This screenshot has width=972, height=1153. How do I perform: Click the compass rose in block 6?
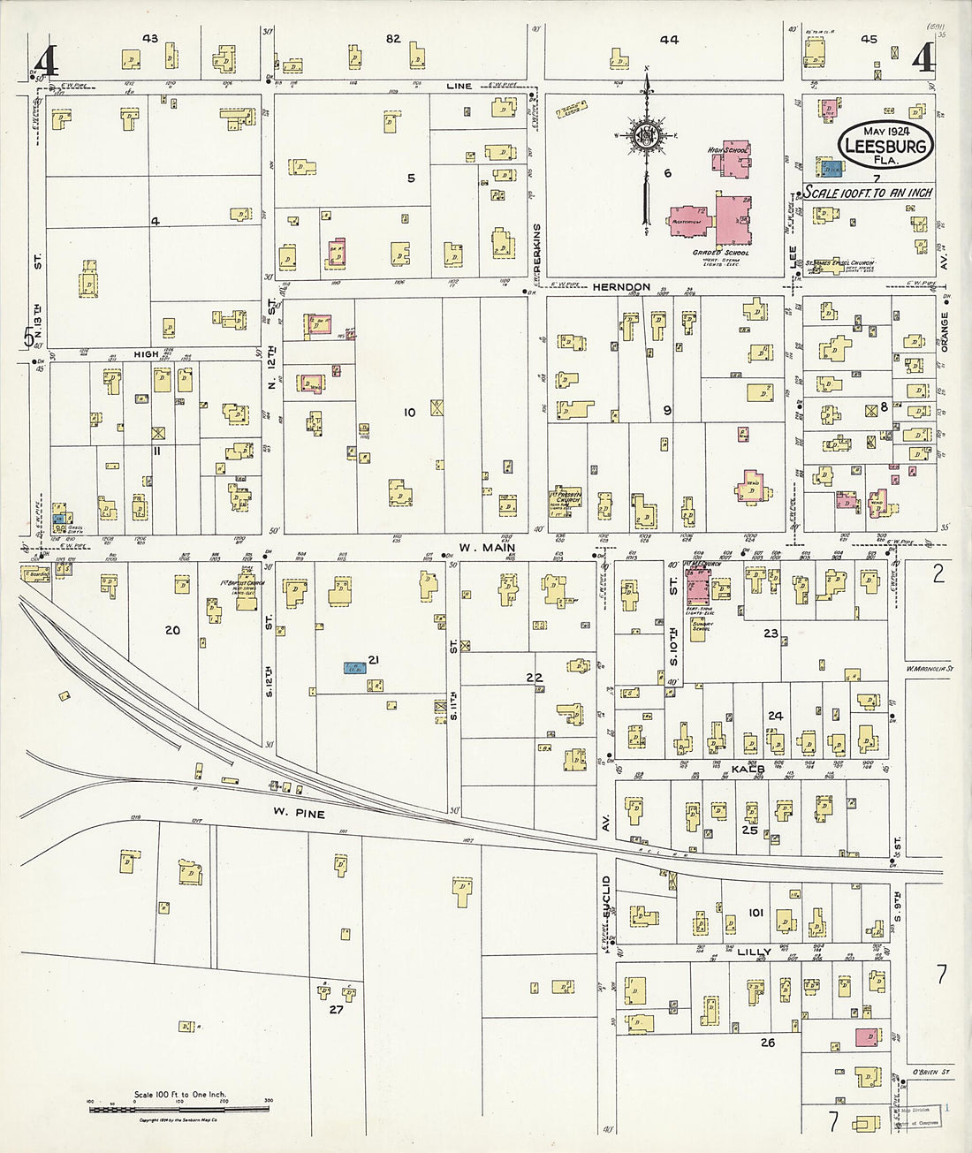(x=647, y=135)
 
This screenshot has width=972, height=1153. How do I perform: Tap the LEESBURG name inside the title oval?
(x=885, y=146)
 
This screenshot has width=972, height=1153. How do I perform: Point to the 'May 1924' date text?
(x=884, y=131)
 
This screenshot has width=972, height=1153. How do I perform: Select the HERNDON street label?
(x=621, y=287)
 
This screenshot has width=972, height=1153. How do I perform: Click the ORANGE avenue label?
(x=944, y=332)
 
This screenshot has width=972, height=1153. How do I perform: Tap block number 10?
(x=409, y=413)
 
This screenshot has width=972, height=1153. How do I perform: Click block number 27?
(x=336, y=1009)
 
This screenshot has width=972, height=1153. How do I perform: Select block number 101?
(x=755, y=912)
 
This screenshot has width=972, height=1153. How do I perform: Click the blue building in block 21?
(x=356, y=668)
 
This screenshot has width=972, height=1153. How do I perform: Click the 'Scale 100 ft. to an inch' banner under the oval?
(x=868, y=192)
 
